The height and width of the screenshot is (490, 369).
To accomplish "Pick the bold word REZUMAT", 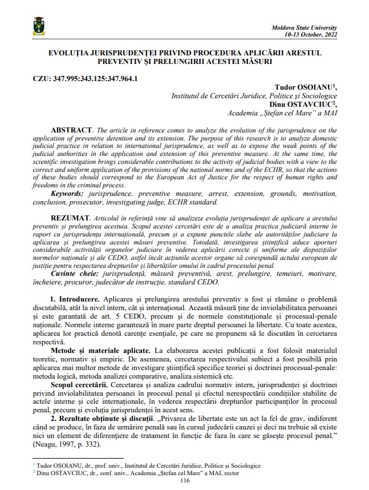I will click(x=69, y=219).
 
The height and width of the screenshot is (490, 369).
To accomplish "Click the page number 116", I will click(x=184, y=480).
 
